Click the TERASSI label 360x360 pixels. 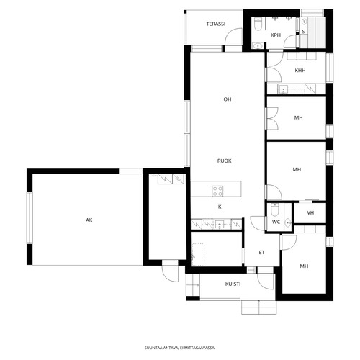[x=216, y=24]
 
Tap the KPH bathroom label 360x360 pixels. [x=276, y=35]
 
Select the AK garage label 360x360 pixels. [x=89, y=220]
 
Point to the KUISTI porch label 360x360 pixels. [x=233, y=284]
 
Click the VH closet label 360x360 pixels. [x=310, y=212]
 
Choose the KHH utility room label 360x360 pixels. [x=300, y=71]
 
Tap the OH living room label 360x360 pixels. [x=228, y=99]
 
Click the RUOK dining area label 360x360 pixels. [x=225, y=161]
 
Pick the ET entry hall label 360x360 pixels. [x=261, y=253]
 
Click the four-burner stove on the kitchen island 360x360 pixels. [x=217, y=192]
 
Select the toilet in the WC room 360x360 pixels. [x=274, y=210]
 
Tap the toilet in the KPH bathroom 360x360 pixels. [x=258, y=24]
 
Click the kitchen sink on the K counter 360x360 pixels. [x=220, y=225]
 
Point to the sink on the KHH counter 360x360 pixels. [x=284, y=89]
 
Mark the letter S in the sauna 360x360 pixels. [x=303, y=32]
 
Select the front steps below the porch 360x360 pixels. [x=259, y=307]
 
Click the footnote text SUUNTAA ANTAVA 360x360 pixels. [x=161, y=348]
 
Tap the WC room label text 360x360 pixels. [x=276, y=222]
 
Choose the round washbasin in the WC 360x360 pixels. [x=288, y=223]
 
